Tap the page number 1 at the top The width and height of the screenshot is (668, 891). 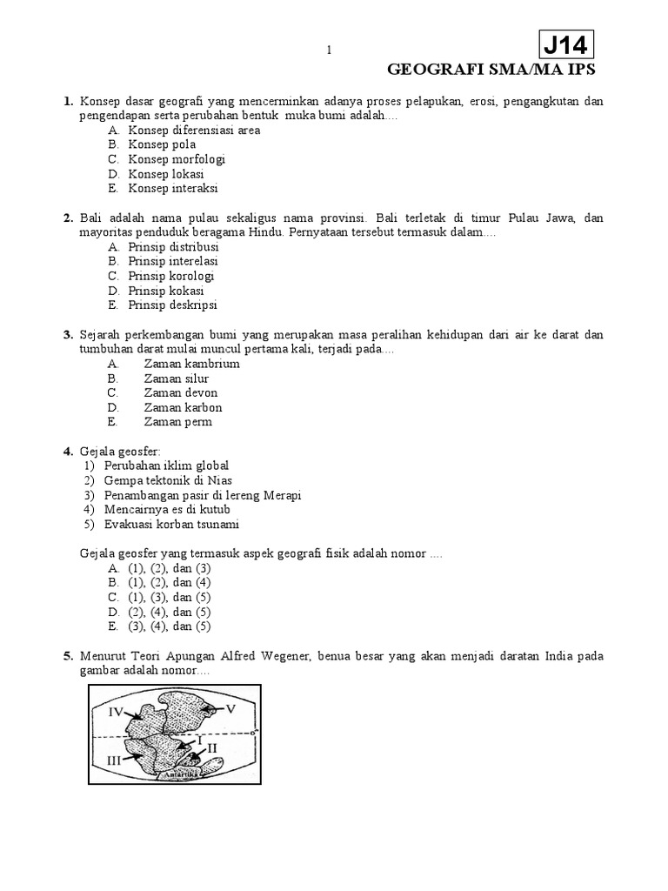pyautogui.click(x=330, y=50)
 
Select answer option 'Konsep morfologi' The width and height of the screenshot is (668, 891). pyautogui.click(x=177, y=159)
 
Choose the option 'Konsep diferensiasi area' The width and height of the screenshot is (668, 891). pyautogui.click(x=194, y=130)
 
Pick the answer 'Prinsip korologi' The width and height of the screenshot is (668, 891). pyautogui.click(x=171, y=276)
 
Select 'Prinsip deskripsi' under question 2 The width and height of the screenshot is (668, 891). pyautogui.click(x=172, y=305)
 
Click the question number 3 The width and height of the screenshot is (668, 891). pyautogui.click(x=68, y=335)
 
